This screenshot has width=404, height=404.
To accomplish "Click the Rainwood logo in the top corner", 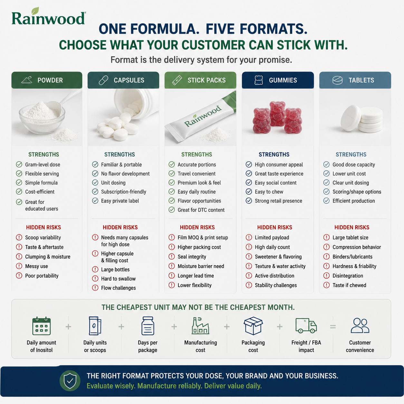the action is click(x=49, y=16).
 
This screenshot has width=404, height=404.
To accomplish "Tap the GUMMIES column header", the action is click(x=278, y=80).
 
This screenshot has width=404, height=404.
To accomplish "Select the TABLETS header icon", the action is click(x=337, y=80).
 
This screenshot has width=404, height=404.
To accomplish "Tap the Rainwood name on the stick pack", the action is click(x=203, y=116).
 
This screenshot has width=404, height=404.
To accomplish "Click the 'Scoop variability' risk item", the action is click(x=43, y=237).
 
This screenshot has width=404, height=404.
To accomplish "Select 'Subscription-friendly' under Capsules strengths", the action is click(x=123, y=192).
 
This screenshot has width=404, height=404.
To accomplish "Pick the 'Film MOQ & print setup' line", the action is click(x=203, y=237).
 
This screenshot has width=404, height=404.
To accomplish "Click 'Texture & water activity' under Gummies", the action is click(x=280, y=266).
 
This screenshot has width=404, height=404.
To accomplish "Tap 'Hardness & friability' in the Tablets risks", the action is click(x=354, y=266).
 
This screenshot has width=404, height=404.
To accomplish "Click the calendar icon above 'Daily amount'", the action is click(x=42, y=326).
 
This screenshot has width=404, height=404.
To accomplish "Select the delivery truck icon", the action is click(x=306, y=326).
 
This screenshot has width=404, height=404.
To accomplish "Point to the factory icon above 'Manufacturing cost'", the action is click(x=200, y=326).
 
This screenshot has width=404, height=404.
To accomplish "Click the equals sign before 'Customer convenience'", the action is click(x=333, y=327).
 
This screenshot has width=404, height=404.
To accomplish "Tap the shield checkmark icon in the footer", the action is click(x=70, y=381).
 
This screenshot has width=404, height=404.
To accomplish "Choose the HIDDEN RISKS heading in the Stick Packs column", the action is click(x=197, y=227).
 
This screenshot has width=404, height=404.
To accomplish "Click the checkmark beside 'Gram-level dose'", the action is click(x=19, y=164).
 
